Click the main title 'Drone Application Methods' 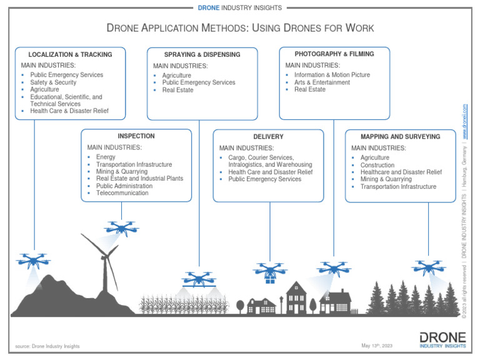[x=240, y=28]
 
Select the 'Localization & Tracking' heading [x=70, y=54]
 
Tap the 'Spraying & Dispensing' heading [x=202, y=54]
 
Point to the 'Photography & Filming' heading [x=334, y=54]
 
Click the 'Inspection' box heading [x=136, y=136]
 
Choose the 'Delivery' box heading [x=268, y=136]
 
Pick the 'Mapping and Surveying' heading [x=400, y=136]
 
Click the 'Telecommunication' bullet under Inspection [x=122, y=193]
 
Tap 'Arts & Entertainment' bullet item [x=322, y=82]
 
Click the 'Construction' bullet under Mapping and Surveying [x=377, y=165]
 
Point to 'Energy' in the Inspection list [x=106, y=157]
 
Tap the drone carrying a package [x=269, y=272]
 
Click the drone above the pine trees [x=428, y=267]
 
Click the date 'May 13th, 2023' [x=377, y=346]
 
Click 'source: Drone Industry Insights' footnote [x=47, y=346]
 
